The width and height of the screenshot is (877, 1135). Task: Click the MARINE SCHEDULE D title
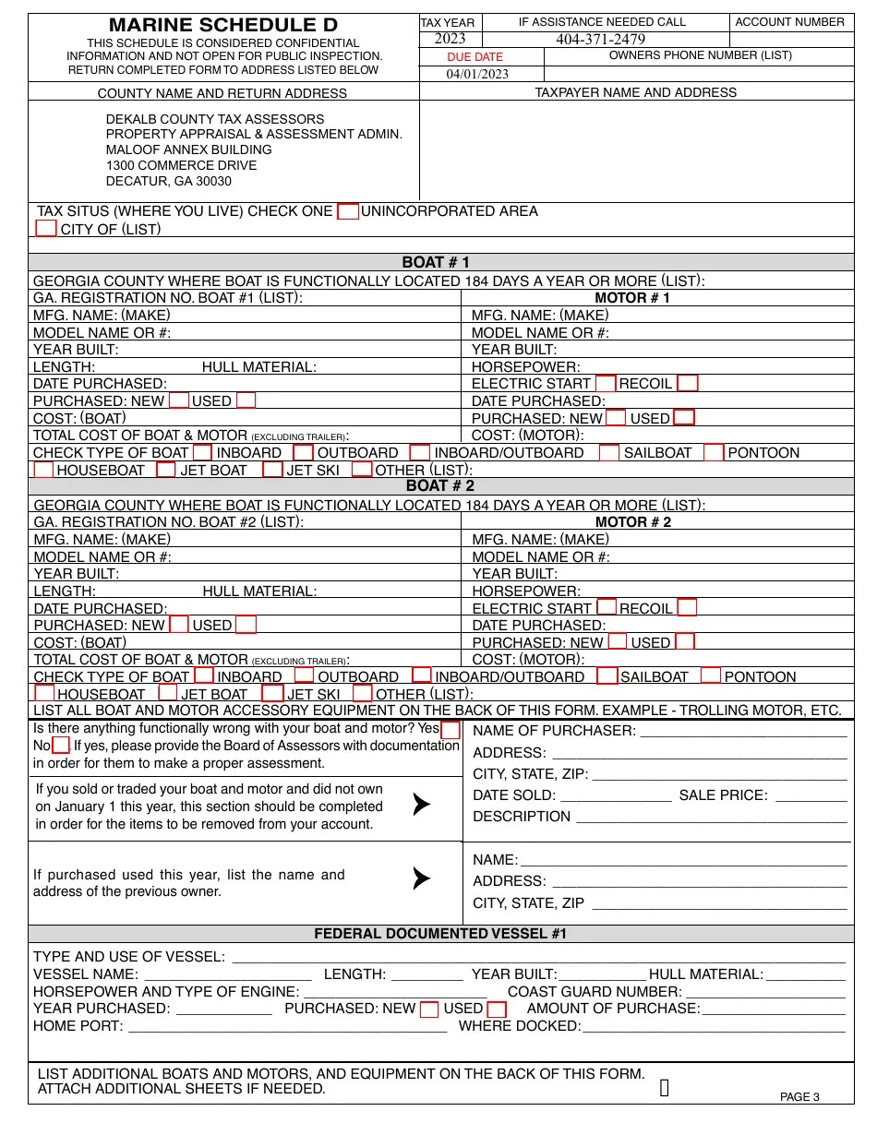[223, 25]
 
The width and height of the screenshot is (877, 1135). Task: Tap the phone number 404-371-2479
[600, 39]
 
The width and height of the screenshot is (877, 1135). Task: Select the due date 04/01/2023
[477, 75]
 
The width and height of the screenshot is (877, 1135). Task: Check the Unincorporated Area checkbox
[347, 211]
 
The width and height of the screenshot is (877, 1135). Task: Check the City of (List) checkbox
[46, 228]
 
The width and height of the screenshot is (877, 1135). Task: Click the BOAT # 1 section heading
[436, 262]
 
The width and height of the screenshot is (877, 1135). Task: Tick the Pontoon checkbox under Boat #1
[714, 452]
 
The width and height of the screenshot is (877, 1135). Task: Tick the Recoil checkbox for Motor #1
[688, 383]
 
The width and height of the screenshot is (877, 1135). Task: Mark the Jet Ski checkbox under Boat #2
[272, 693]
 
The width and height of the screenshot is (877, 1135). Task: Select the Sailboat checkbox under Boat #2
[607, 675]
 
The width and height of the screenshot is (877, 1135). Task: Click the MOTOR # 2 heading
[632, 522]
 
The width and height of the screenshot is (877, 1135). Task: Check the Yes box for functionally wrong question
[450, 730]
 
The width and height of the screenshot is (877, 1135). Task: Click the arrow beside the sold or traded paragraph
[421, 805]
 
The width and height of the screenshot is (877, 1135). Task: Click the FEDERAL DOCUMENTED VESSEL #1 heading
[440, 933]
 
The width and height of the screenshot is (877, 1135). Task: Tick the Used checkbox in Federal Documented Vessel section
[497, 1010]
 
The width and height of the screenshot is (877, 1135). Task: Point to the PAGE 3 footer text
[799, 1097]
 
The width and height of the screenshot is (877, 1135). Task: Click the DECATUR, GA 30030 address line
[169, 181]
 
